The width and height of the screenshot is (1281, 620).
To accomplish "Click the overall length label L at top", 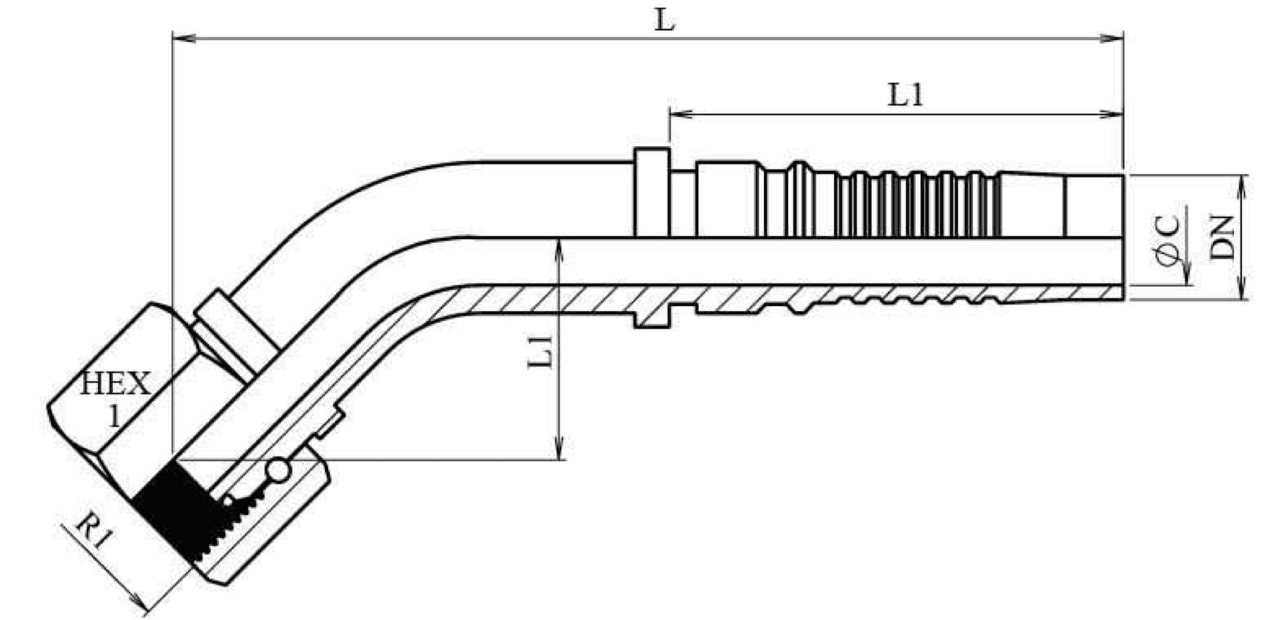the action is [665, 21].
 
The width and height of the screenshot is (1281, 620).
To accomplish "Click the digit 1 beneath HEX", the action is [115, 416].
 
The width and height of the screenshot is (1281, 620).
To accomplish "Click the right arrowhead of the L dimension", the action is [1112, 39].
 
